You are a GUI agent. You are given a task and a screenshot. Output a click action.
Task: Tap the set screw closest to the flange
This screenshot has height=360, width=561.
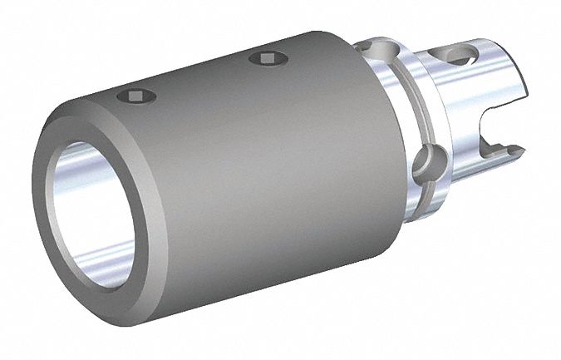[x=267, y=57]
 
